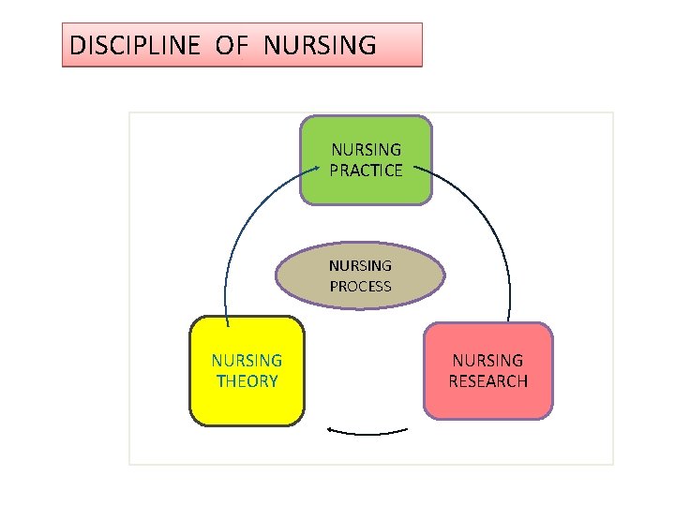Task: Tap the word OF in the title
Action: click(x=231, y=45)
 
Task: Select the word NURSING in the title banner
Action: click(x=320, y=45)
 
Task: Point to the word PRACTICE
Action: click(x=366, y=171)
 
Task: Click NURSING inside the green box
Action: click(x=366, y=149)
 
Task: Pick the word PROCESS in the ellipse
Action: click(x=360, y=287)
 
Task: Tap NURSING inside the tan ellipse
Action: click(x=360, y=265)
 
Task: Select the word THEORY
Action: click(x=247, y=381)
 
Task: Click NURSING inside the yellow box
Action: click(x=247, y=360)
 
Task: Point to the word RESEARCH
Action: click(x=487, y=381)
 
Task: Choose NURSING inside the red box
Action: click(x=487, y=360)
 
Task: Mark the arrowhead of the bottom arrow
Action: click(x=329, y=429)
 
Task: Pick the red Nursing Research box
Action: click(x=487, y=403)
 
